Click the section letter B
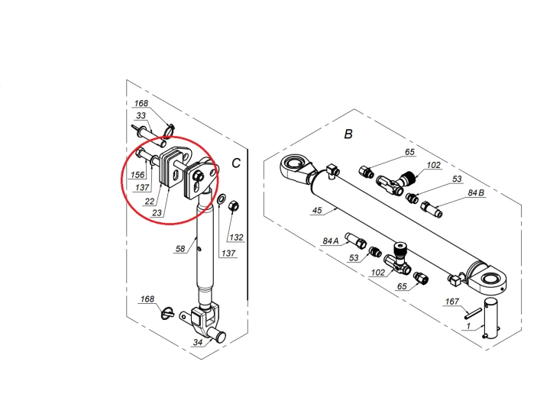[348, 134]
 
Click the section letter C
[236, 163]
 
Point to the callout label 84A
[330, 241]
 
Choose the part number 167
[452, 302]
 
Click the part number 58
[181, 248]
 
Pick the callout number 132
[237, 237]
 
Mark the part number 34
[198, 343]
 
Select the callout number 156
[137, 175]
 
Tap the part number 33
[141, 116]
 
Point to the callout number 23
[157, 213]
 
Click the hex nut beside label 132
[236, 205]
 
